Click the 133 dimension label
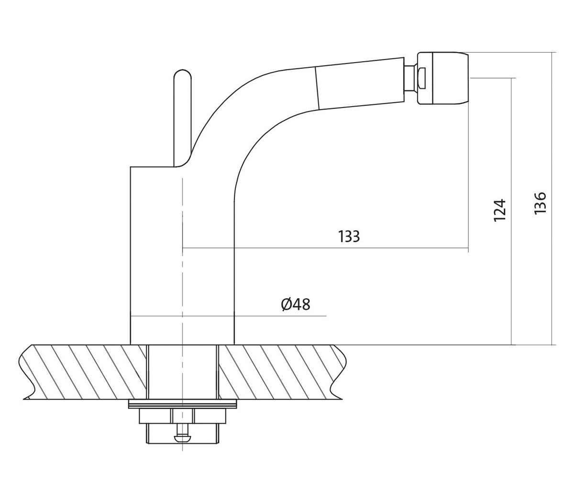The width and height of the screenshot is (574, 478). tap(349, 236)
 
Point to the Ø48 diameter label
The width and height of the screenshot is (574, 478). tap(296, 304)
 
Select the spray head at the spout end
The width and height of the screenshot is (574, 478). tap(442, 78)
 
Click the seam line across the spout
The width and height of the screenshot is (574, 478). tap(317, 87)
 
